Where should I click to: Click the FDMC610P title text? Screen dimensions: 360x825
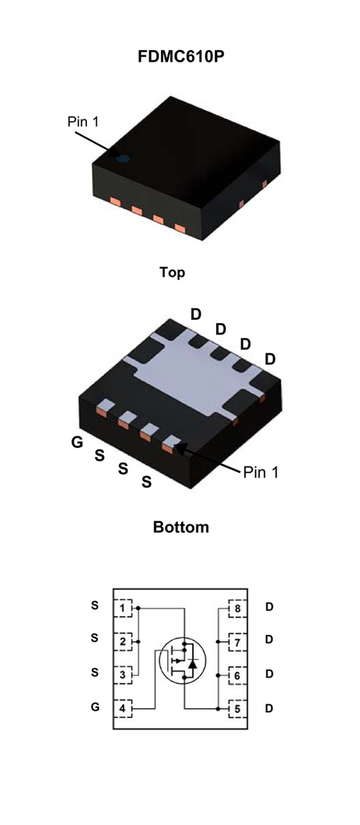click(x=181, y=57)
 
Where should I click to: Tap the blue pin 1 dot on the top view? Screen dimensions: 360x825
click(x=123, y=159)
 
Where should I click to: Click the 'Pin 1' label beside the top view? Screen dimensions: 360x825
click(x=83, y=122)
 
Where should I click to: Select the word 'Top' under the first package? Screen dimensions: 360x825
click(x=172, y=272)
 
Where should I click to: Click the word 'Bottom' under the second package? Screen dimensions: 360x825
click(x=181, y=527)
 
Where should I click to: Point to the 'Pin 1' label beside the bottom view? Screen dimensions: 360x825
click(x=261, y=473)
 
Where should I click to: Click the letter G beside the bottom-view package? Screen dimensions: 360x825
click(x=77, y=442)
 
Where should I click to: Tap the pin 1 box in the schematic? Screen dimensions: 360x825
click(x=123, y=608)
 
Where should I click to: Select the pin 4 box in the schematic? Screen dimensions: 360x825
click(x=123, y=708)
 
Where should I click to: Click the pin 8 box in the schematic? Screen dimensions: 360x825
click(x=238, y=608)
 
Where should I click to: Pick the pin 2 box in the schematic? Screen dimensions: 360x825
click(x=123, y=642)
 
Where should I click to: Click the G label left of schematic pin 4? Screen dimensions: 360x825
click(x=95, y=707)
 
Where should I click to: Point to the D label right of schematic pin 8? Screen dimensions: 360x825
click(x=269, y=607)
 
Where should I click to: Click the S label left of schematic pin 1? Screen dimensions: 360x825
click(x=94, y=605)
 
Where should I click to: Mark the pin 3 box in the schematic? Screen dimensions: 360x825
click(x=123, y=675)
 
